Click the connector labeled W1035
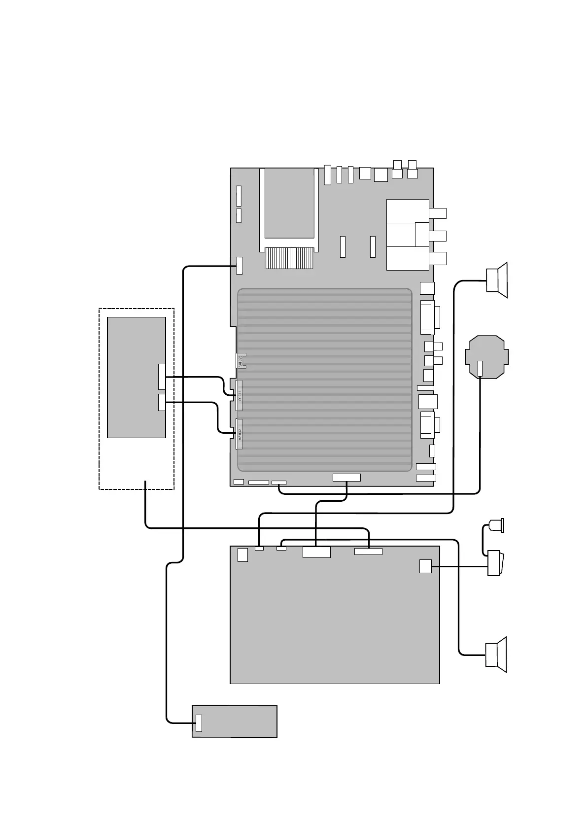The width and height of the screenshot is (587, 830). (241, 361)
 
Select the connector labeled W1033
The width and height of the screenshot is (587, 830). (240, 395)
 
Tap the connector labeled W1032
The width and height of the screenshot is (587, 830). (240, 434)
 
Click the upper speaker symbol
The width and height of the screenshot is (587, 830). (497, 280)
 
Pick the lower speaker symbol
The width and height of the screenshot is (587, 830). (497, 655)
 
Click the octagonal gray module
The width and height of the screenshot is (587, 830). (487, 357)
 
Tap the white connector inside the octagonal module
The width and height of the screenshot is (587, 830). (481, 368)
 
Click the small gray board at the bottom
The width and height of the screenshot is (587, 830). (234, 721)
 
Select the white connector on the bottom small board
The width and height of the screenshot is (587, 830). (199, 723)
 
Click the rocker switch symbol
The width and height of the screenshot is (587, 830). (494, 563)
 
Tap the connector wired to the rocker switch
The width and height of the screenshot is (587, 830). (425, 566)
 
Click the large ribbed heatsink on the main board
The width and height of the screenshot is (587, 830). (324, 380)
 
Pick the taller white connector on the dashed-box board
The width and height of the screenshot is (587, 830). (162, 377)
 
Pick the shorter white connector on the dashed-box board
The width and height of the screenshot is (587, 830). (162, 402)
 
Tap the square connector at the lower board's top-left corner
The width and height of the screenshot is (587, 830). (242, 554)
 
